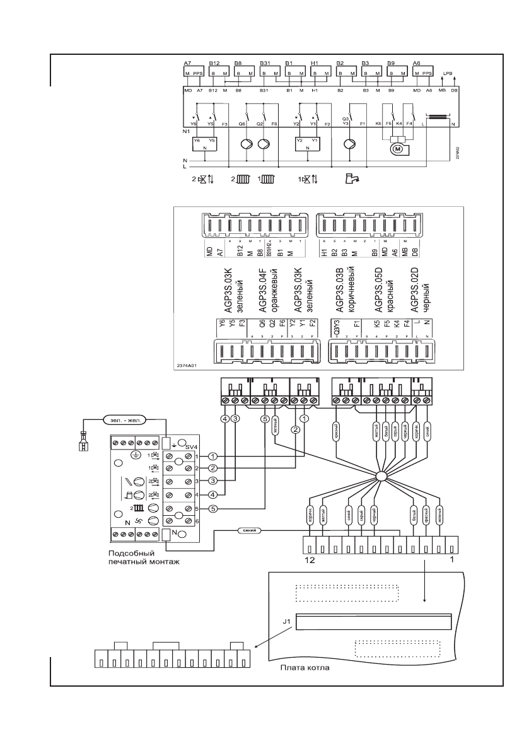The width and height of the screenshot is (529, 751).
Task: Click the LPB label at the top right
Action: pos(448,74)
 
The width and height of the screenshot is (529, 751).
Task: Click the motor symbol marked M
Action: pos(397,149)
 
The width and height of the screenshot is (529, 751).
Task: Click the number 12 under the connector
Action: pos(308,559)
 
